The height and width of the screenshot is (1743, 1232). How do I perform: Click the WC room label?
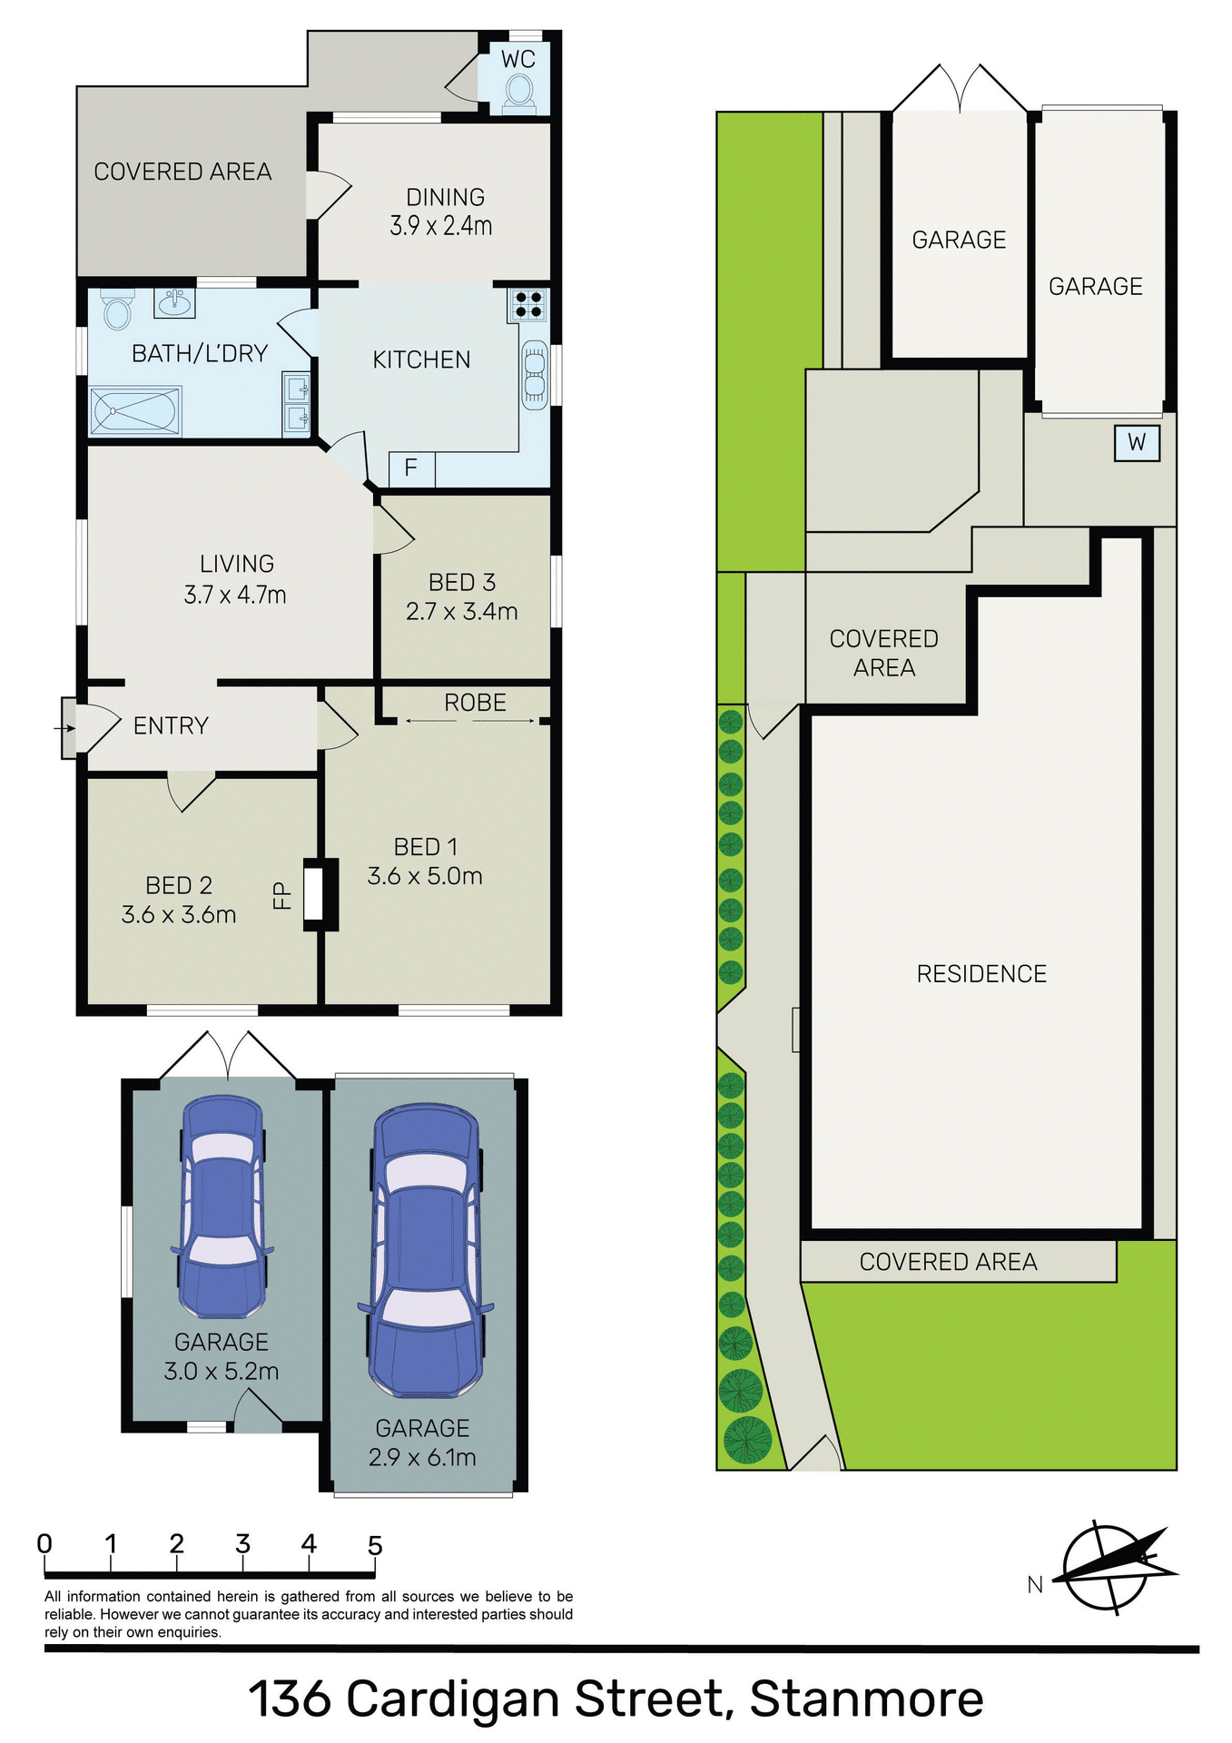(518, 60)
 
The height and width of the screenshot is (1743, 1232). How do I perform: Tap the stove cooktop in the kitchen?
(527, 304)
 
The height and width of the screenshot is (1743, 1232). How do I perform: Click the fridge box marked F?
(411, 468)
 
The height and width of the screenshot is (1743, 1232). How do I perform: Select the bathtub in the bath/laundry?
(135, 411)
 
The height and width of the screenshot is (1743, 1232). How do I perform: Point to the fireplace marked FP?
(313, 895)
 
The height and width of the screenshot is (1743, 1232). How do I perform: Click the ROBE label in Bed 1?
(475, 703)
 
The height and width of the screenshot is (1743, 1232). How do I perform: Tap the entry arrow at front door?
(64, 728)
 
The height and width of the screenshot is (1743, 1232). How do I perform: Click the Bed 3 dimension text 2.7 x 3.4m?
(461, 612)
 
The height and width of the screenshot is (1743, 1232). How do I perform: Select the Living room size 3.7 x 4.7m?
(235, 596)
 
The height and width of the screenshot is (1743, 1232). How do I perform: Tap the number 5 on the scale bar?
(375, 1545)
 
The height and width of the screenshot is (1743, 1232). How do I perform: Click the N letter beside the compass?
(1035, 1585)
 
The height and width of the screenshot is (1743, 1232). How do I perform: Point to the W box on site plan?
(1137, 443)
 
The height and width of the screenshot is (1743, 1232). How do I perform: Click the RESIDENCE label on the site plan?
(981, 974)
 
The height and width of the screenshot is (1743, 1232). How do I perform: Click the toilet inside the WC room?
(518, 91)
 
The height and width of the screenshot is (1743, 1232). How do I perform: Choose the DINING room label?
(445, 197)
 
